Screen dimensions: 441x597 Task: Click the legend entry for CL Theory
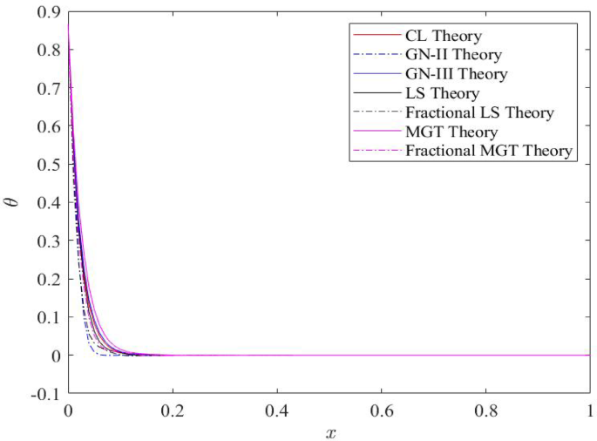444,37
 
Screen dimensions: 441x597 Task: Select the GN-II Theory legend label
453,56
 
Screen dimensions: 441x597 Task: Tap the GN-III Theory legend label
456,75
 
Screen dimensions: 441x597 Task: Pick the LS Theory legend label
443,93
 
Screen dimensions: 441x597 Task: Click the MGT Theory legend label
451,132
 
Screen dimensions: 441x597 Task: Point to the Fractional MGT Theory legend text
489,151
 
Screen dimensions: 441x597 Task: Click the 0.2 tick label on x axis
173,409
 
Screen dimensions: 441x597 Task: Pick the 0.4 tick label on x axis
277,409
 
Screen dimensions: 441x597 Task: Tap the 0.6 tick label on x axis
382,409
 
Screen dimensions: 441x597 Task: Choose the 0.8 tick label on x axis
486,409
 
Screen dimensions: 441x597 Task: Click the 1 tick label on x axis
590,409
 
